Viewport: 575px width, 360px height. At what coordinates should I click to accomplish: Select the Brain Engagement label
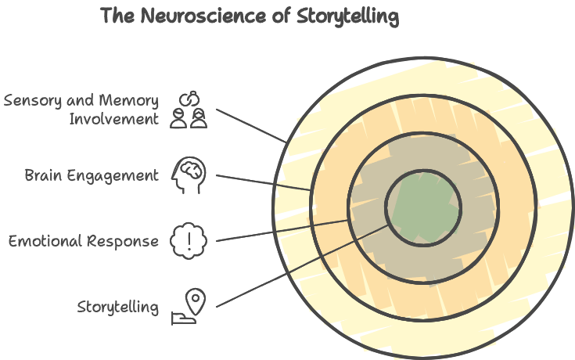click(x=92, y=175)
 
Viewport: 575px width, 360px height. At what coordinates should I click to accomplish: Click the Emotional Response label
click(x=84, y=241)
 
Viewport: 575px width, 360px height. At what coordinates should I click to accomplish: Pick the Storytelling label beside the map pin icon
click(x=117, y=307)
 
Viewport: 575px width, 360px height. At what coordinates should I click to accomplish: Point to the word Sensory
click(x=31, y=101)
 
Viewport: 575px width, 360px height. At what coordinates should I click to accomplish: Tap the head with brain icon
click(x=189, y=175)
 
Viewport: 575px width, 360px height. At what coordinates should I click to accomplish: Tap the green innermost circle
click(x=423, y=207)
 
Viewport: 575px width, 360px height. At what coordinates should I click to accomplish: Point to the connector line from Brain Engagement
click(x=263, y=182)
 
